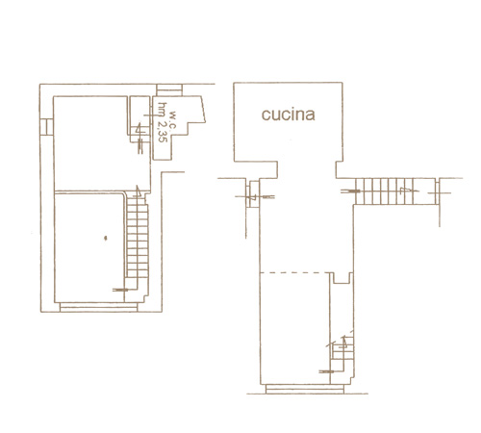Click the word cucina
(x=288, y=115)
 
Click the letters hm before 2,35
(x=164, y=110)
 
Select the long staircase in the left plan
(x=138, y=237)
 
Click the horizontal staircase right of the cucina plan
(x=395, y=191)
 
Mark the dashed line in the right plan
(x=295, y=272)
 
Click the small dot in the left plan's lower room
(x=105, y=238)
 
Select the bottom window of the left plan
(x=98, y=307)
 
